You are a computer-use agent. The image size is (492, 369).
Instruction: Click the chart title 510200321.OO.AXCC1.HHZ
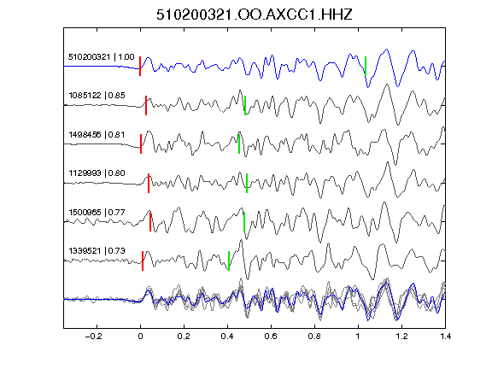tap(255, 15)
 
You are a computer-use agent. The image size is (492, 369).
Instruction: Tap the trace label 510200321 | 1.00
tap(102, 57)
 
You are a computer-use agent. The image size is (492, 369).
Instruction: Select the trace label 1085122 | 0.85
tap(97, 96)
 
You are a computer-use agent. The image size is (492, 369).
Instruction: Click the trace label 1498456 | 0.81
tap(97, 135)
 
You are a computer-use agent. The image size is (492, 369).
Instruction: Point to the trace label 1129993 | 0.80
tap(97, 173)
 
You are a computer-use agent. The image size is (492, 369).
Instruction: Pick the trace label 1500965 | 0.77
tap(97, 213)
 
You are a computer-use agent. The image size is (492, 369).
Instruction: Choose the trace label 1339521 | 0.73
tap(97, 251)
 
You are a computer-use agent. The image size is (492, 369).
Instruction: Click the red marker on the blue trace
tap(140, 67)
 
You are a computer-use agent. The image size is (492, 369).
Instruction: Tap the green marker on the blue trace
tap(366, 67)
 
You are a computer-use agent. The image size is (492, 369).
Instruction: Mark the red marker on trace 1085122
tap(146, 105)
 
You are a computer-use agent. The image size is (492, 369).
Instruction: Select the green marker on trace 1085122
tap(245, 105)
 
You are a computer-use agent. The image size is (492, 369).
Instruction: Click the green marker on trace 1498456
tap(239, 144)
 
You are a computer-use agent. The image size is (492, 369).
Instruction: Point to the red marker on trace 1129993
tap(149, 184)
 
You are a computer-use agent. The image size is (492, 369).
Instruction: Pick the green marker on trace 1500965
tap(244, 222)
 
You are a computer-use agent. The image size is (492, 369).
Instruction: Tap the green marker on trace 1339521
tap(229, 261)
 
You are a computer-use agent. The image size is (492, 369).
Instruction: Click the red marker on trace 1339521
tap(143, 261)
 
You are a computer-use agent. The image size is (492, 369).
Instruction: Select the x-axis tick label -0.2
tap(94, 337)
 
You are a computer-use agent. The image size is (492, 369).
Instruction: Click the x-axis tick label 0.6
tap(271, 337)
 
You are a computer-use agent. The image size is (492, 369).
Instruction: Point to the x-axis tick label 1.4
tap(445, 337)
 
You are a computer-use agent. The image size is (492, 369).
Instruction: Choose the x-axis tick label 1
tap(358, 337)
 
